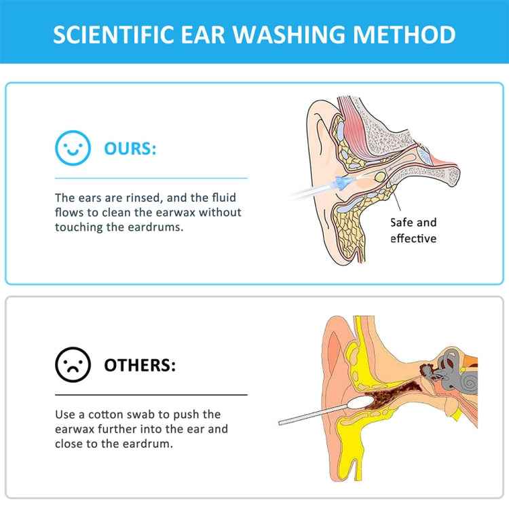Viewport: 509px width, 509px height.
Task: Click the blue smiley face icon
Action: tap(73, 149)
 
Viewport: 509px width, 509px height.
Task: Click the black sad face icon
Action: tap(73, 366)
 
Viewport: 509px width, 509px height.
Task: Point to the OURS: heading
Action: tap(130, 149)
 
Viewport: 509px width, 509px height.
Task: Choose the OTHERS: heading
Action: tap(139, 366)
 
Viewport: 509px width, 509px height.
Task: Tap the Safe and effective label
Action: tap(413, 230)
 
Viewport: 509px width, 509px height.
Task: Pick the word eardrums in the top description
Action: tap(156, 227)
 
